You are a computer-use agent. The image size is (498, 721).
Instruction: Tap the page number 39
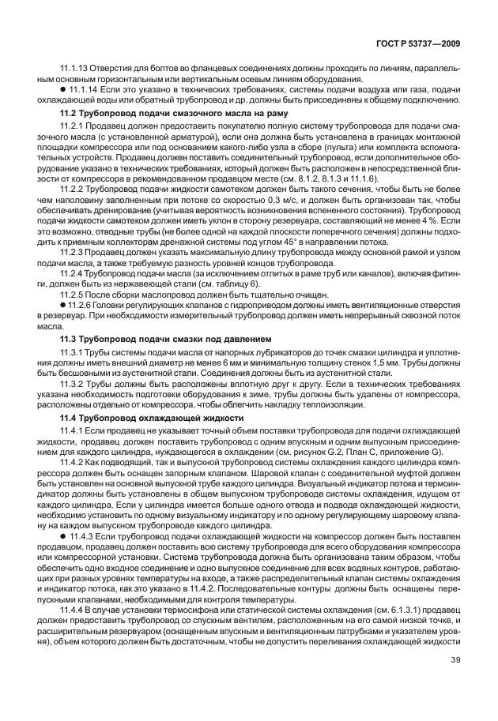point(455,660)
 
